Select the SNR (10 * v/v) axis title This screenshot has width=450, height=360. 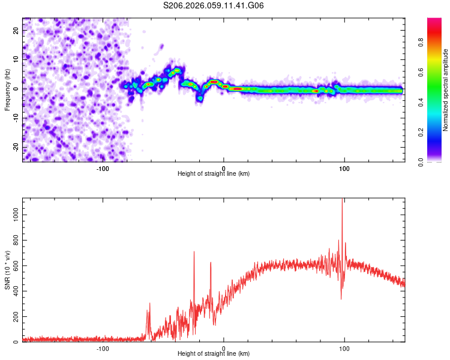click(x=7, y=269)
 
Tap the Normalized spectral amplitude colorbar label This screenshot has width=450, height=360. click(x=446, y=89)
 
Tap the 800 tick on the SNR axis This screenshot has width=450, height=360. click(x=14, y=239)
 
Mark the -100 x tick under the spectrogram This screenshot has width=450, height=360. click(x=103, y=168)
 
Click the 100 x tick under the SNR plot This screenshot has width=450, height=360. click(x=344, y=348)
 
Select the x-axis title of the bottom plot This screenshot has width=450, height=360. click(x=214, y=354)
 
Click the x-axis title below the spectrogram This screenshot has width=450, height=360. click(x=214, y=174)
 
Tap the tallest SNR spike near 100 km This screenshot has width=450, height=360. click(x=342, y=200)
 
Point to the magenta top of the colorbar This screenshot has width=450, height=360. click(x=434, y=20)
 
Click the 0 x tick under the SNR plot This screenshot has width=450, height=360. click(x=224, y=348)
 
